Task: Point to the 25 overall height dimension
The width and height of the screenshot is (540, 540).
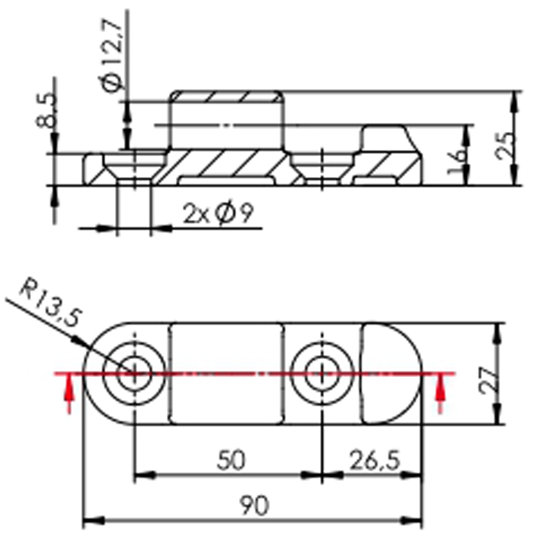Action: click(x=505, y=146)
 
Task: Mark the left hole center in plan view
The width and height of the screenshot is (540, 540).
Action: click(x=134, y=374)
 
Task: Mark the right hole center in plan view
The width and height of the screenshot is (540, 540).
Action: click(x=322, y=374)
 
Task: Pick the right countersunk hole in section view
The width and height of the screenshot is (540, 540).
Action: click(x=322, y=168)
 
